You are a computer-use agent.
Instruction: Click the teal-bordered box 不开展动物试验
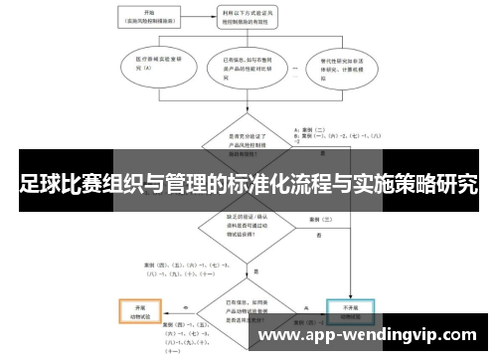pyautogui.click(x=349, y=310)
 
